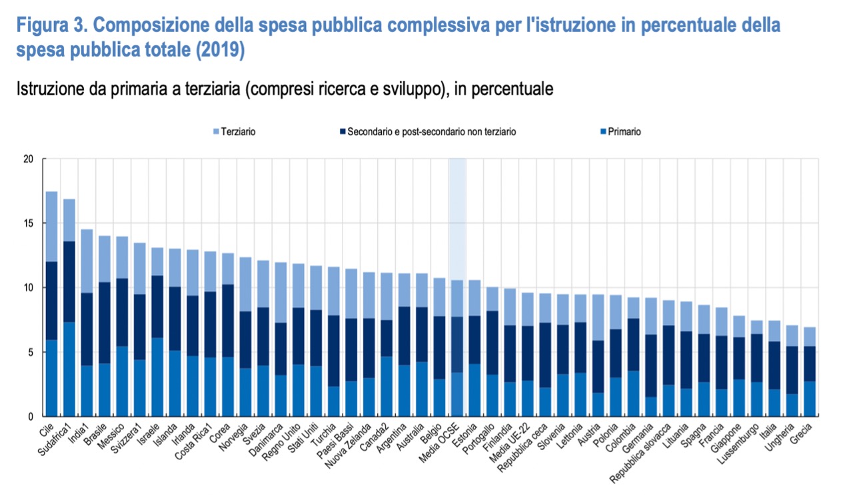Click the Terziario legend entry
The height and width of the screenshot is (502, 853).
point(237,132)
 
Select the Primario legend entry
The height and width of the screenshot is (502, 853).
point(622,132)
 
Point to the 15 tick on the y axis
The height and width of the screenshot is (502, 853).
point(28,223)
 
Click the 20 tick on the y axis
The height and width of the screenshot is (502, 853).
point(28,159)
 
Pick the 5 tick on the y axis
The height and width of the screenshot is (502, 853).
point(30,352)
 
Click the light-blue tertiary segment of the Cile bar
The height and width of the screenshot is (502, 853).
point(51,226)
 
